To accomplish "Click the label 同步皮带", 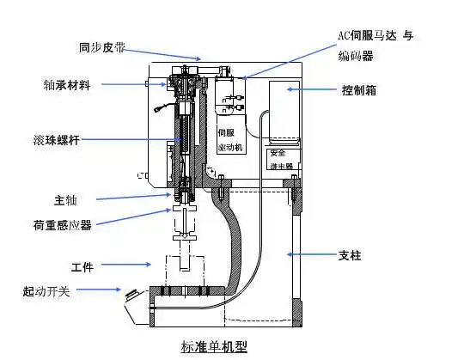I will tap(101, 48).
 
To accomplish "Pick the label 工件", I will tap(82, 265).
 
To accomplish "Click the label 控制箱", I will tap(357, 89).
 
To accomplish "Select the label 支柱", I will tap(351, 254).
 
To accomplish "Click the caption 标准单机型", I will tap(214, 347).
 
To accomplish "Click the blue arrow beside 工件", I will tap(130, 265).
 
